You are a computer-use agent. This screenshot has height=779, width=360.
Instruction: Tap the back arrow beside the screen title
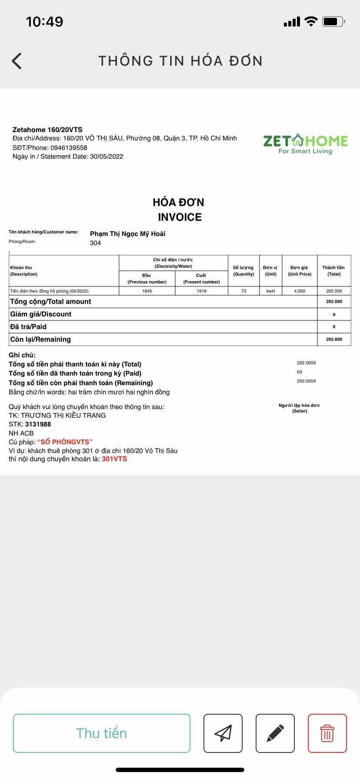[17, 61]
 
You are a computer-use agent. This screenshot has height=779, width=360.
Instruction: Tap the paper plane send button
[223, 733]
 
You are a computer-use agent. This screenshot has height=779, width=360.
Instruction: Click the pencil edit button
[275, 733]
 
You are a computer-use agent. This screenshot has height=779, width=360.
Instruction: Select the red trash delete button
[327, 733]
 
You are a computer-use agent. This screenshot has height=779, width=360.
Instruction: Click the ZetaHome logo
[305, 144]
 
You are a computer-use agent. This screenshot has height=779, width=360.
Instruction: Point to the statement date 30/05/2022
[107, 156]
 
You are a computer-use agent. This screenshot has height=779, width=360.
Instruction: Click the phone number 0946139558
[69, 147]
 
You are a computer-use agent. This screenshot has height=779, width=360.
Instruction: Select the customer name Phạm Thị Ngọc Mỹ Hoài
[127, 234]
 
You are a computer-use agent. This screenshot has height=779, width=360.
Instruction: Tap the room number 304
[95, 243]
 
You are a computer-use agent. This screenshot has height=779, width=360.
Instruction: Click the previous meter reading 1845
[147, 291]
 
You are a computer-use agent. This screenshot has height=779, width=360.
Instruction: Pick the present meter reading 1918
[201, 291]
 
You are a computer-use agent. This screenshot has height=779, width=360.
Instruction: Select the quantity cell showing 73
[243, 291]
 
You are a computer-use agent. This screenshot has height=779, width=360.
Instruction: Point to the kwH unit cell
[270, 291]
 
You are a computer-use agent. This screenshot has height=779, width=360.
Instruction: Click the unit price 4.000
[300, 291]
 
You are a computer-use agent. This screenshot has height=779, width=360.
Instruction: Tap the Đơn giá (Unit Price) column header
[300, 270]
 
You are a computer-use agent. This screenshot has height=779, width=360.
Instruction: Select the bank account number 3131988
[38, 424]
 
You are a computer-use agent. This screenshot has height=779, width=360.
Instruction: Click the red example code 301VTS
[114, 459]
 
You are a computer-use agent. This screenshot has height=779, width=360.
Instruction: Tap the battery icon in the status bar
[333, 21]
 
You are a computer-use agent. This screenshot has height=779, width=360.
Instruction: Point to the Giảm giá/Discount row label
[40, 314]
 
